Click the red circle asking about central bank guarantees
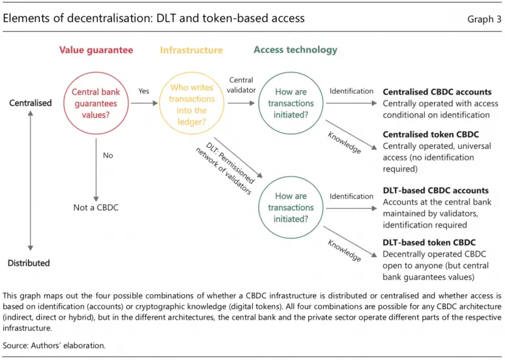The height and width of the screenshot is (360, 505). (x=96, y=102)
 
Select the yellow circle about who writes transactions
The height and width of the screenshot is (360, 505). (x=192, y=102)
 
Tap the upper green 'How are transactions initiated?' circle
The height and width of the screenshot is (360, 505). (x=291, y=102)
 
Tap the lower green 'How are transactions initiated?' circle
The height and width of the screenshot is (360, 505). (x=291, y=207)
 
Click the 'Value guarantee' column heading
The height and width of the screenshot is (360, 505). (x=96, y=50)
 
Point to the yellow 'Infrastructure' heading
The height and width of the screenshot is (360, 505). (x=191, y=50)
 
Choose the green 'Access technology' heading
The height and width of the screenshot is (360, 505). (x=295, y=50)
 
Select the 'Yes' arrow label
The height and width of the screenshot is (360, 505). (x=143, y=92)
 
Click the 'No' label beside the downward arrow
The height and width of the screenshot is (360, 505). (x=108, y=156)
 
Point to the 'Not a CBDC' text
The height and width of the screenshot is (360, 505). (x=96, y=207)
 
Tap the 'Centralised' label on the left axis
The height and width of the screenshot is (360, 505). (x=30, y=103)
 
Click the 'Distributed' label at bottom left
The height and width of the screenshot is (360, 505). (x=29, y=263)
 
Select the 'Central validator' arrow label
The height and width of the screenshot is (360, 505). (x=241, y=85)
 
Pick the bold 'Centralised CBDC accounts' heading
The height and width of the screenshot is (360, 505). (x=437, y=92)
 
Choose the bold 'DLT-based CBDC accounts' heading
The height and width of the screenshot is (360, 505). (x=435, y=190)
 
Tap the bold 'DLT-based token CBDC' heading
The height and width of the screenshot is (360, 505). (x=429, y=243)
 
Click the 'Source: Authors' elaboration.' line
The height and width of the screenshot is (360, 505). (x=54, y=345)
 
